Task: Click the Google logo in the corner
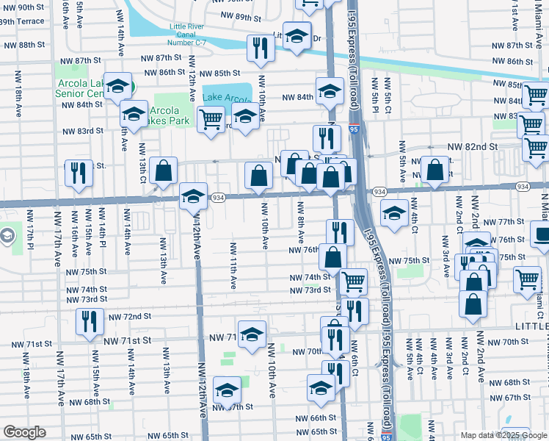(x=23, y=432)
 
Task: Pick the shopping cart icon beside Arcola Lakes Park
(x=211, y=118)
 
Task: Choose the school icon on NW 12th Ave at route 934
(x=193, y=196)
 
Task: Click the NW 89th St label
(x=238, y=17)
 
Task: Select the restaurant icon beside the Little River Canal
(x=261, y=49)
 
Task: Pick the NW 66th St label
(x=316, y=418)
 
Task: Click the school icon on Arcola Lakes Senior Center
(x=117, y=87)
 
